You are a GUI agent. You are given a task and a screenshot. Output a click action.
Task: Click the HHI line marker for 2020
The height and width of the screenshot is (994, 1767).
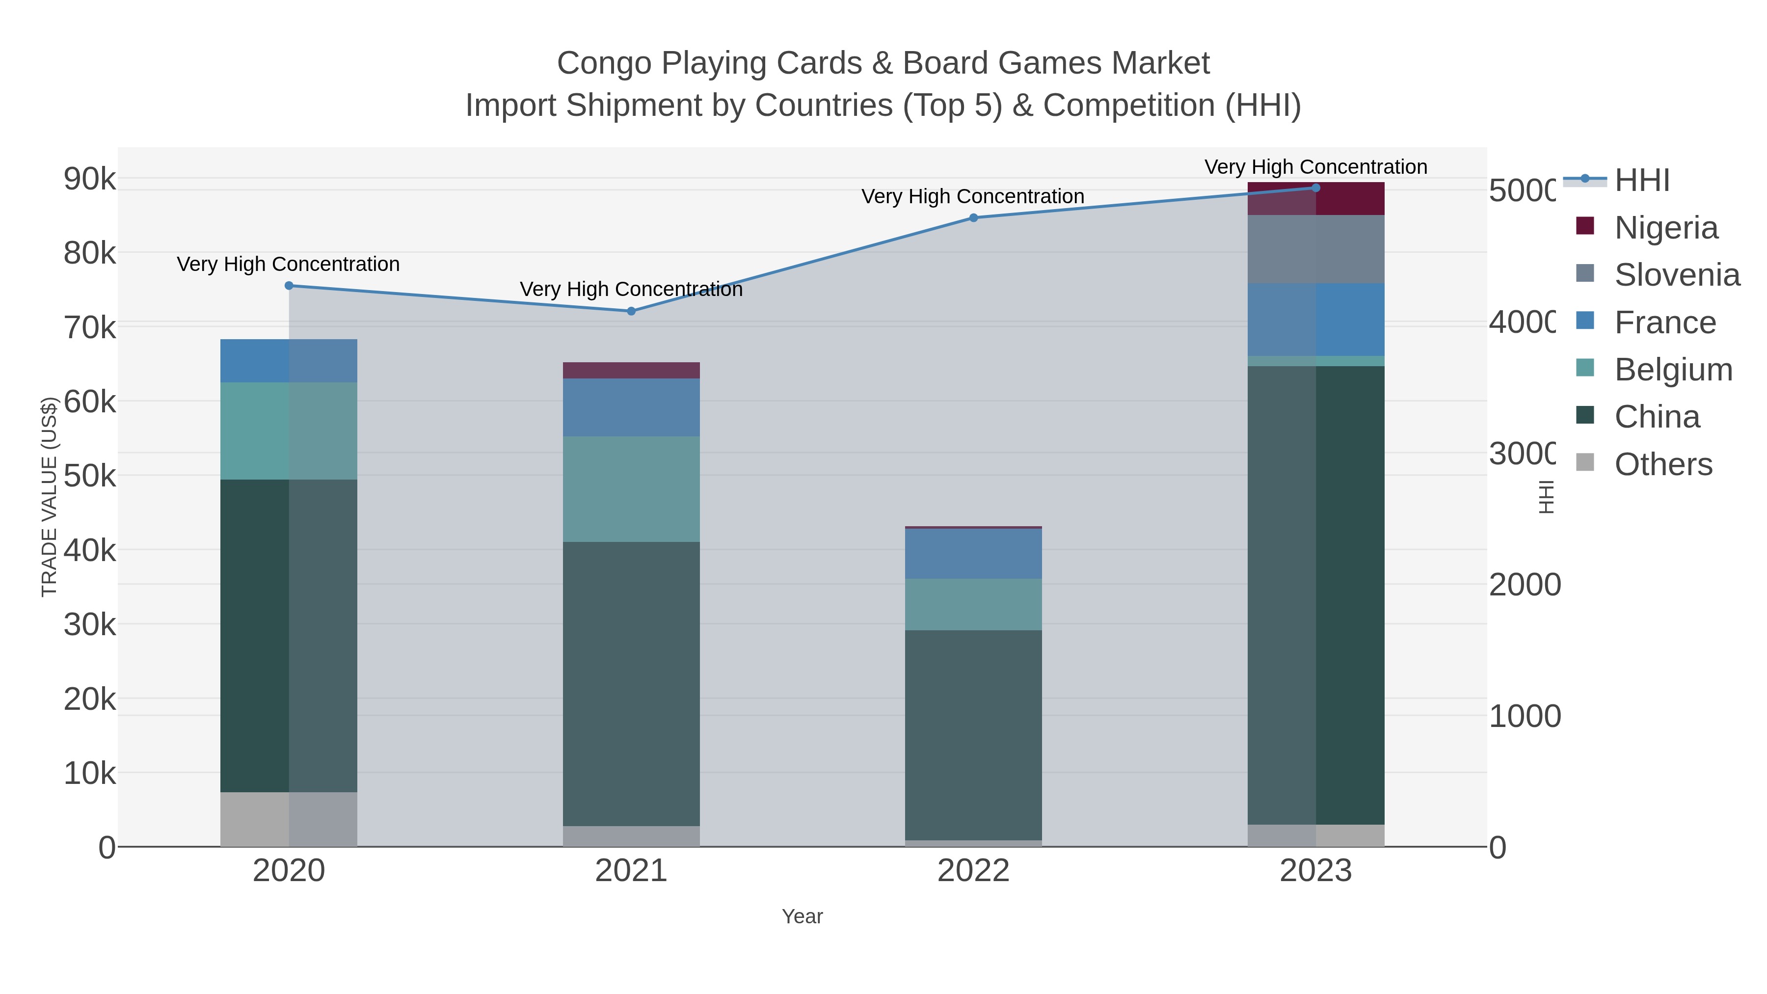[x=289, y=285]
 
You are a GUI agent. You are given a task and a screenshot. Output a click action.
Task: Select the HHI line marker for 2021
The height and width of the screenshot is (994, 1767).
[x=631, y=311]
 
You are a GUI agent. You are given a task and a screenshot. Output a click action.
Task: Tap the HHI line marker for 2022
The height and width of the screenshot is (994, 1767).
[x=973, y=217]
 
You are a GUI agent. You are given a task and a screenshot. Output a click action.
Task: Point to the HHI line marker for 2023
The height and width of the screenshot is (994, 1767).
[x=1315, y=188]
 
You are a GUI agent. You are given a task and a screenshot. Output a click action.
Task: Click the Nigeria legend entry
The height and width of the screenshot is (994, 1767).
[x=1665, y=228]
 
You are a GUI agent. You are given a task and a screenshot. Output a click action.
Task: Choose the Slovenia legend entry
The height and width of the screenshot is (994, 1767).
[x=1677, y=275]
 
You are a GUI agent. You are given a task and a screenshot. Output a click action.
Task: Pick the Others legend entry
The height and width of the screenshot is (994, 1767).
[x=1663, y=464]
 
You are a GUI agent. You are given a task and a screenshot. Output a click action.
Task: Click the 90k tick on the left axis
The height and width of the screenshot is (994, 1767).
[x=90, y=179]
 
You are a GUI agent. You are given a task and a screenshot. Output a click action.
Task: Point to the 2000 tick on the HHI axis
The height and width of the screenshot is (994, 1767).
[x=1524, y=585]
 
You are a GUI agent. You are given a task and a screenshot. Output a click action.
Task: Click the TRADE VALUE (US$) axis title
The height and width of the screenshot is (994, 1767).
[x=50, y=497]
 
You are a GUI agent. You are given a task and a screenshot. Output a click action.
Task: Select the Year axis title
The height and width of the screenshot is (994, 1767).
[x=802, y=916]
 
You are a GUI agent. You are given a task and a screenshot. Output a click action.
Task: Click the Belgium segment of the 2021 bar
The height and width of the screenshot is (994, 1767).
[x=631, y=488]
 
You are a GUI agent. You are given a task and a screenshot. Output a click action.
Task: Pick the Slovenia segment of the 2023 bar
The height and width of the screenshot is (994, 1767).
[x=1315, y=249]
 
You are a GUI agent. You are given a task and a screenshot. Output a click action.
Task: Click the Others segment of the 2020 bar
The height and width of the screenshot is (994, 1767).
[x=289, y=819]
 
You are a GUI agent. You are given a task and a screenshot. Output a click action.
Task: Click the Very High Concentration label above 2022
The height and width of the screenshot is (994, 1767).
[x=973, y=196]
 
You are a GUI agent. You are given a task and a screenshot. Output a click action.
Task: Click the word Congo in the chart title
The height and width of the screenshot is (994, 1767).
[x=604, y=63]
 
